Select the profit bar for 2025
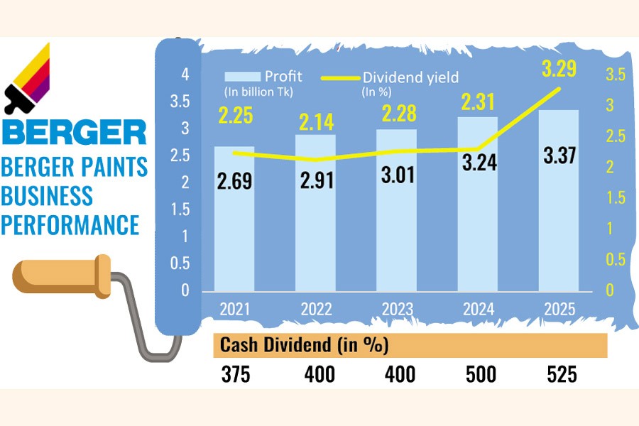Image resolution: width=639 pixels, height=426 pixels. pyautogui.click(x=558, y=213)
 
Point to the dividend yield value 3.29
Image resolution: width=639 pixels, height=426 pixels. pyautogui.click(x=557, y=70)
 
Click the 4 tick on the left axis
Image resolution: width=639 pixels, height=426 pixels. pyautogui.click(x=185, y=74)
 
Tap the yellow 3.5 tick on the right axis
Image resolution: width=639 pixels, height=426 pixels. pyautogui.click(x=615, y=75)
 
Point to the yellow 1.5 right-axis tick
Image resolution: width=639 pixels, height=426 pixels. pyautogui.click(x=615, y=198)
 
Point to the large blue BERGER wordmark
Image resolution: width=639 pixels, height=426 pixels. pyautogui.click(x=74, y=132)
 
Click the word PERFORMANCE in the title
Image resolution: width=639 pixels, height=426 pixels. pyautogui.click(x=70, y=225)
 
